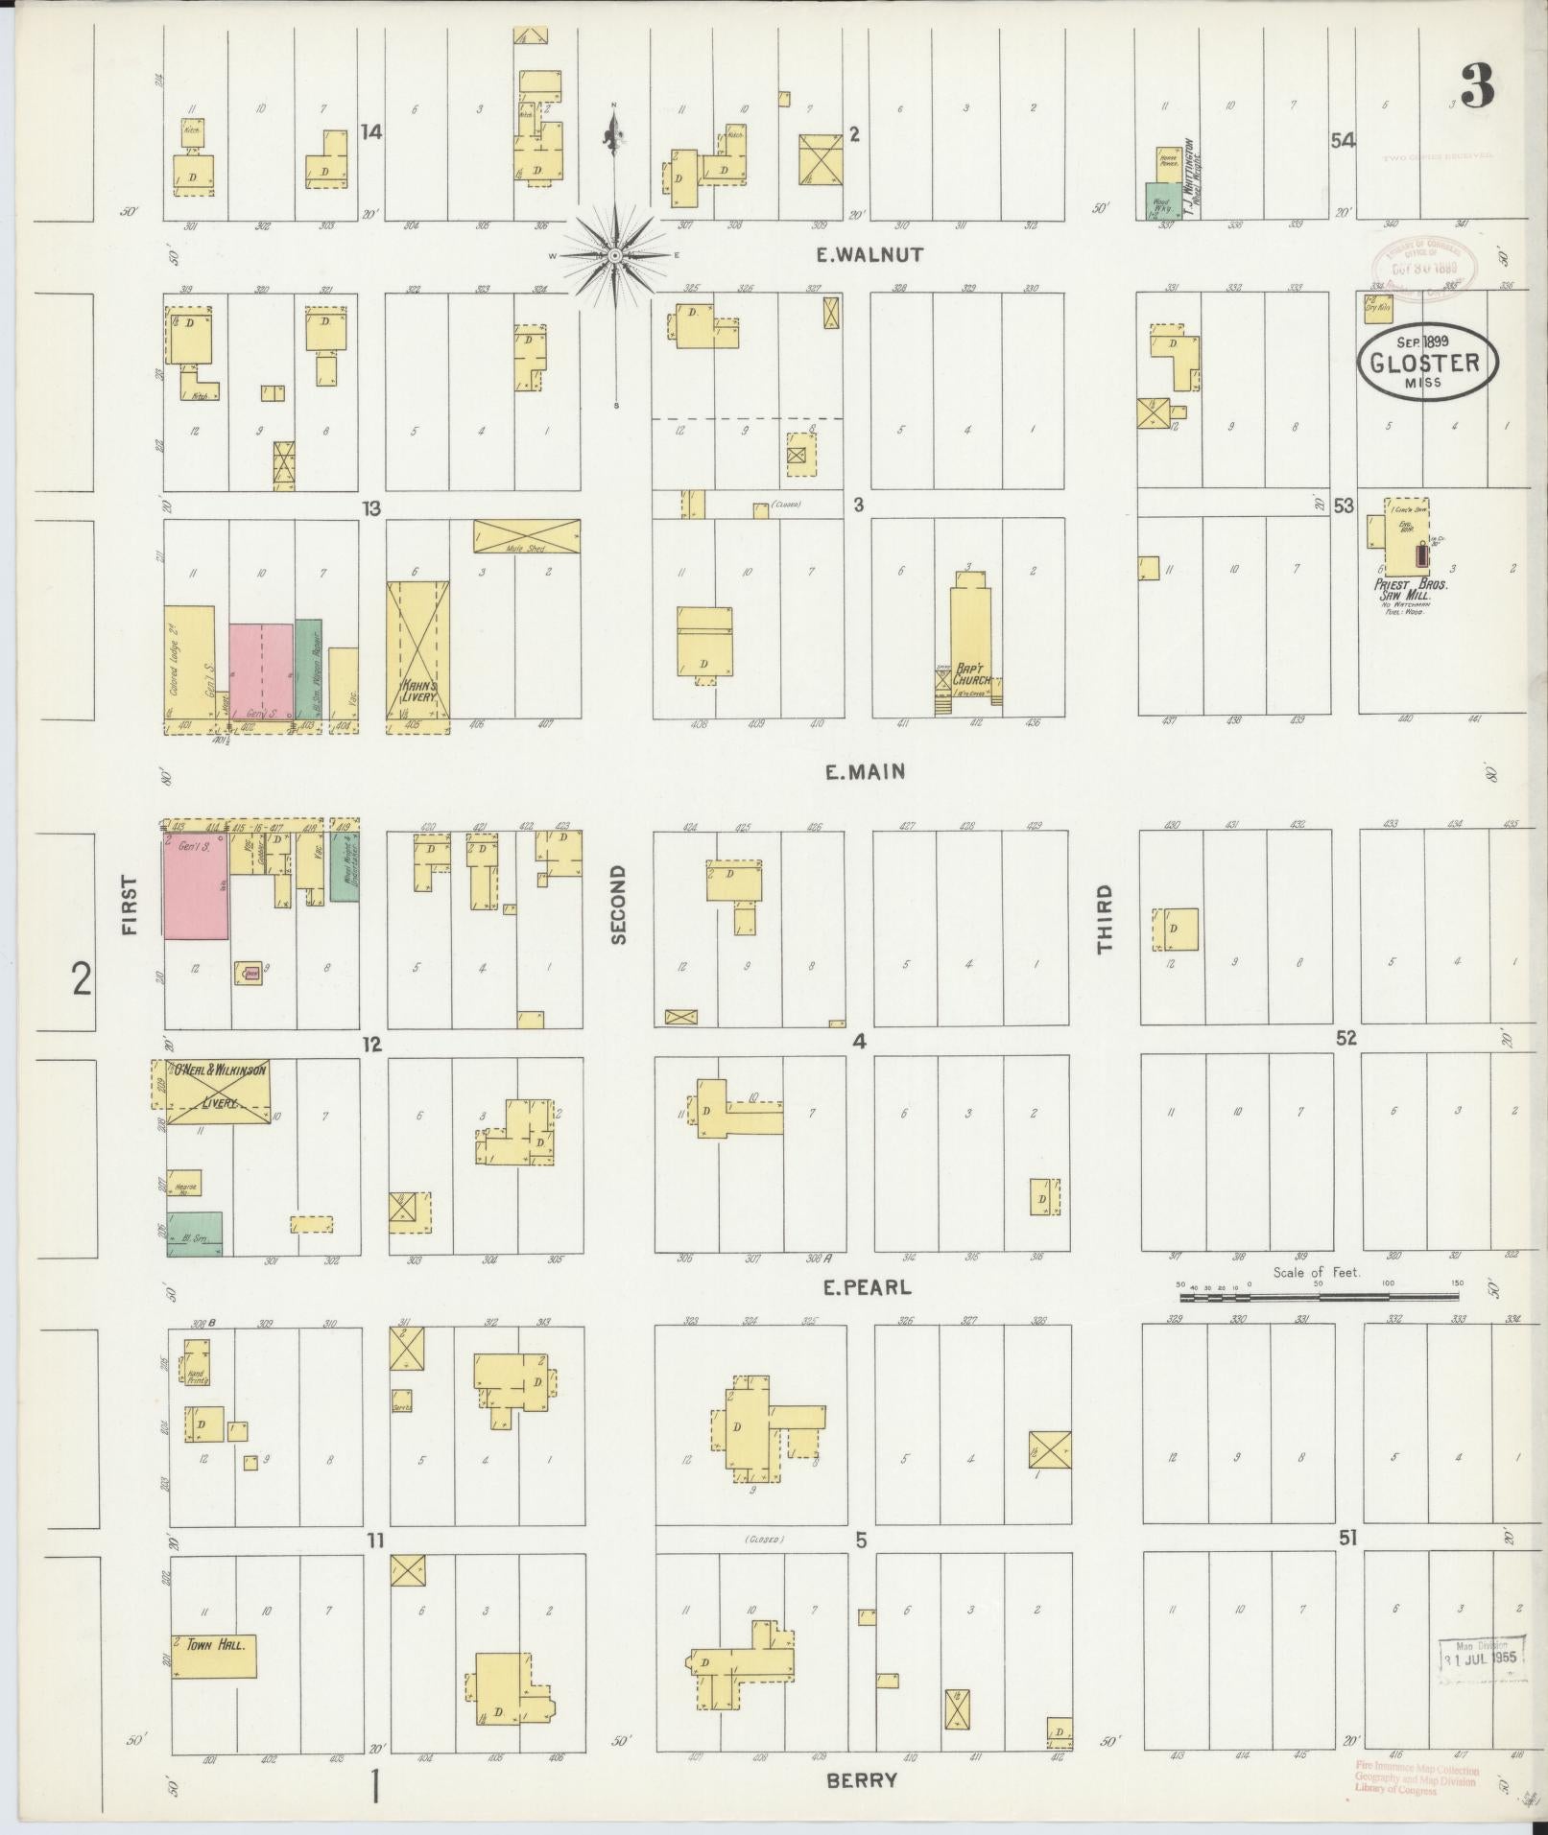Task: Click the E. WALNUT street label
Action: pyautogui.click(x=869, y=254)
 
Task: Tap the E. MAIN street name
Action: pyautogui.click(x=866, y=771)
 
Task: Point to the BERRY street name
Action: pyautogui.click(x=862, y=1780)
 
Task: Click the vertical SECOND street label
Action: pyautogui.click(x=618, y=904)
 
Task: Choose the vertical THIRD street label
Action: pyautogui.click(x=1105, y=918)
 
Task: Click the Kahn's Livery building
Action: pyautogui.click(x=418, y=657)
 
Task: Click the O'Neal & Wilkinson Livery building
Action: pyautogui.click(x=211, y=1085)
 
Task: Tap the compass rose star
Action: pyautogui.click(x=614, y=255)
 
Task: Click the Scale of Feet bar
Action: pyautogui.click(x=1318, y=1296)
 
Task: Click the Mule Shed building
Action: pyautogui.click(x=526, y=536)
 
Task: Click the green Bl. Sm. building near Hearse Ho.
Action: pyautogui.click(x=196, y=1233)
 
